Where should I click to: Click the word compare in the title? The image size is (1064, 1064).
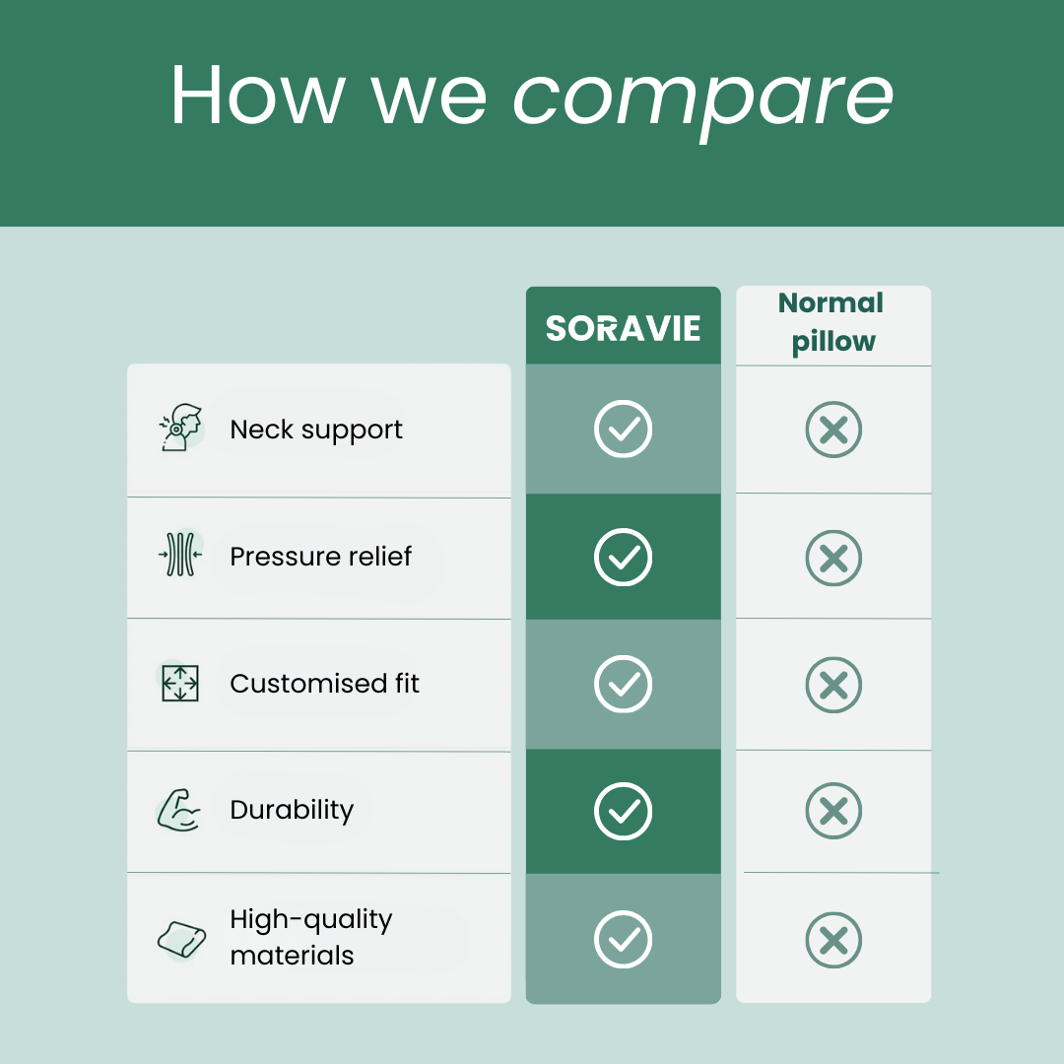click(703, 100)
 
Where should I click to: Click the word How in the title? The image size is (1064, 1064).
click(258, 95)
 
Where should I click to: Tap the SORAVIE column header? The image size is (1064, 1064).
click(623, 328)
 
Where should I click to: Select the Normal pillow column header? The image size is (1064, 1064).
click(832, 322)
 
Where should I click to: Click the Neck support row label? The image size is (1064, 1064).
click(316, 431)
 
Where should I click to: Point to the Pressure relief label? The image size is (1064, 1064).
click(320, 557)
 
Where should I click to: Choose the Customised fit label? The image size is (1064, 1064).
click(324, 684)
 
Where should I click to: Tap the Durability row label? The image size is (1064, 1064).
click(292, 810)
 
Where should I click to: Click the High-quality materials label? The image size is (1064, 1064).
click(310, 937)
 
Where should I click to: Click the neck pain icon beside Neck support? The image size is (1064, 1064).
click(181, 428)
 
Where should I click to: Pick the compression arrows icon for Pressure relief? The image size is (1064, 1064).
click(180, 555)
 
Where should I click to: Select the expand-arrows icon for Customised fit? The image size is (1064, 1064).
click(180, 683)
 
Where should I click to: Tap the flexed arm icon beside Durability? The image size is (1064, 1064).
click(178, 810)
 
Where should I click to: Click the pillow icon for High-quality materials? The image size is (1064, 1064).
click(181, 939)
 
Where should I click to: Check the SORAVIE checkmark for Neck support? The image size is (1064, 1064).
click(623, 429)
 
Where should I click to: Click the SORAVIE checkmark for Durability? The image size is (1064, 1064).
click(623, 811)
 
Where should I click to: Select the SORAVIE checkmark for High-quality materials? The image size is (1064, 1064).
click(623, 939)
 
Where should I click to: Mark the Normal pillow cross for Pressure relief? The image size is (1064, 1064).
click(833, 558)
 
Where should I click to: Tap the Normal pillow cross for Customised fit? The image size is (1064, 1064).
click(833, 685)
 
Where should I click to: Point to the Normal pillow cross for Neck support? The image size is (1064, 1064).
click(833, 430)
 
